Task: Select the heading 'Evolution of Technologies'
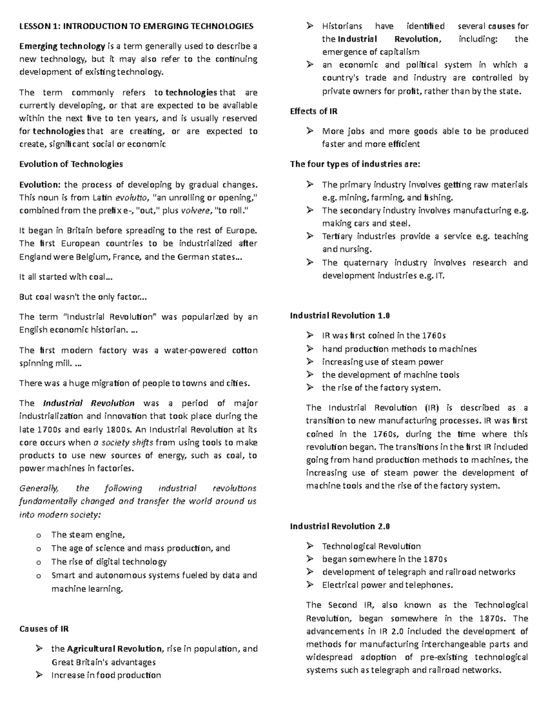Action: click(71, 164)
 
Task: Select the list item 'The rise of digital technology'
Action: click(109, 562)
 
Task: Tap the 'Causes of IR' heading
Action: click(44, 629)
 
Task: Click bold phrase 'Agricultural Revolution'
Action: click(114, 649)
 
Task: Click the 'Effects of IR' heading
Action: click(314, 111)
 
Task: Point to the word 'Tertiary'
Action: click(337, 236)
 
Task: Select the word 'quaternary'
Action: click(366, 263)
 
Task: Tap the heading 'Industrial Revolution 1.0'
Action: click(340, 315)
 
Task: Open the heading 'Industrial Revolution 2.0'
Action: click(340, 526)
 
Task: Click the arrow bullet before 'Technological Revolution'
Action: click(310, 546)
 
